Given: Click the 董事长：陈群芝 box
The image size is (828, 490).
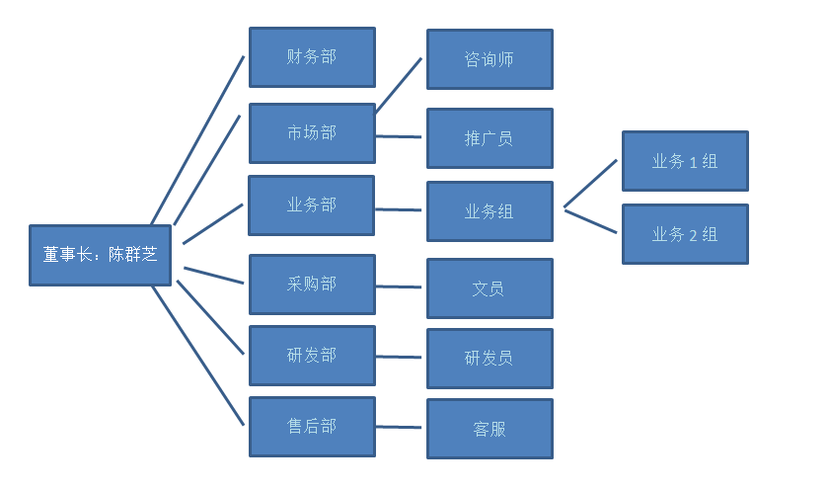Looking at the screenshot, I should click(x=100, y=256).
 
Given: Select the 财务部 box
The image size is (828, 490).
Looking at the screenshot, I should click(x=312, y=57).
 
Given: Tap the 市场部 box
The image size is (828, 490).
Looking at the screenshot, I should click(x=312, y=132).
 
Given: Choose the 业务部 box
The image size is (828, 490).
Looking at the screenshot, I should click(x=311, y=205).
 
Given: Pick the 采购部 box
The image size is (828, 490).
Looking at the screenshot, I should click(x=312, y=285).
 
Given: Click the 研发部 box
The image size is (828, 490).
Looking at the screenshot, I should click(x=312, y=356).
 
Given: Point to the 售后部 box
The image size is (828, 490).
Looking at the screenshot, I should click(x=312, y=427).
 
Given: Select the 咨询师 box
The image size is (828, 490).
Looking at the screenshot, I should click(x=489, y=59).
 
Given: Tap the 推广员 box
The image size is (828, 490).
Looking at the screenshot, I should click(x=489, y=138).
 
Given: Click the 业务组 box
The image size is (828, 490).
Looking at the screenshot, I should click(x=489, y=211).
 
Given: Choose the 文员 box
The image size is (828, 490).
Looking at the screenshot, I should click(x=489, y=288).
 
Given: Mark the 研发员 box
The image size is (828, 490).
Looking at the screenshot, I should click(x=489, y=359).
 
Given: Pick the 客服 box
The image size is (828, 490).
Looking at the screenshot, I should click(x=489, y=429).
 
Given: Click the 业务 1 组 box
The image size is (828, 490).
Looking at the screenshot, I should click(x=685, y=161).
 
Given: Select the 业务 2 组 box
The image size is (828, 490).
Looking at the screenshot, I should click(x=685, y=234).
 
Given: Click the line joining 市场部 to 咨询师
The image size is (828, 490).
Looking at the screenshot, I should click(x=399, y=86).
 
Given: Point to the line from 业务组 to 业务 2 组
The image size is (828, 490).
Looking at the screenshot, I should click(x=590, y=220).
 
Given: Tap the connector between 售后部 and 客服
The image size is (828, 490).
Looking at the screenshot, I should click(x=400, y=428).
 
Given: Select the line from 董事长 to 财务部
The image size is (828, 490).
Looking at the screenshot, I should click(x=197, y=140).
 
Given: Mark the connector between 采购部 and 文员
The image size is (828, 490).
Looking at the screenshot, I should click(x=400, y=286).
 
